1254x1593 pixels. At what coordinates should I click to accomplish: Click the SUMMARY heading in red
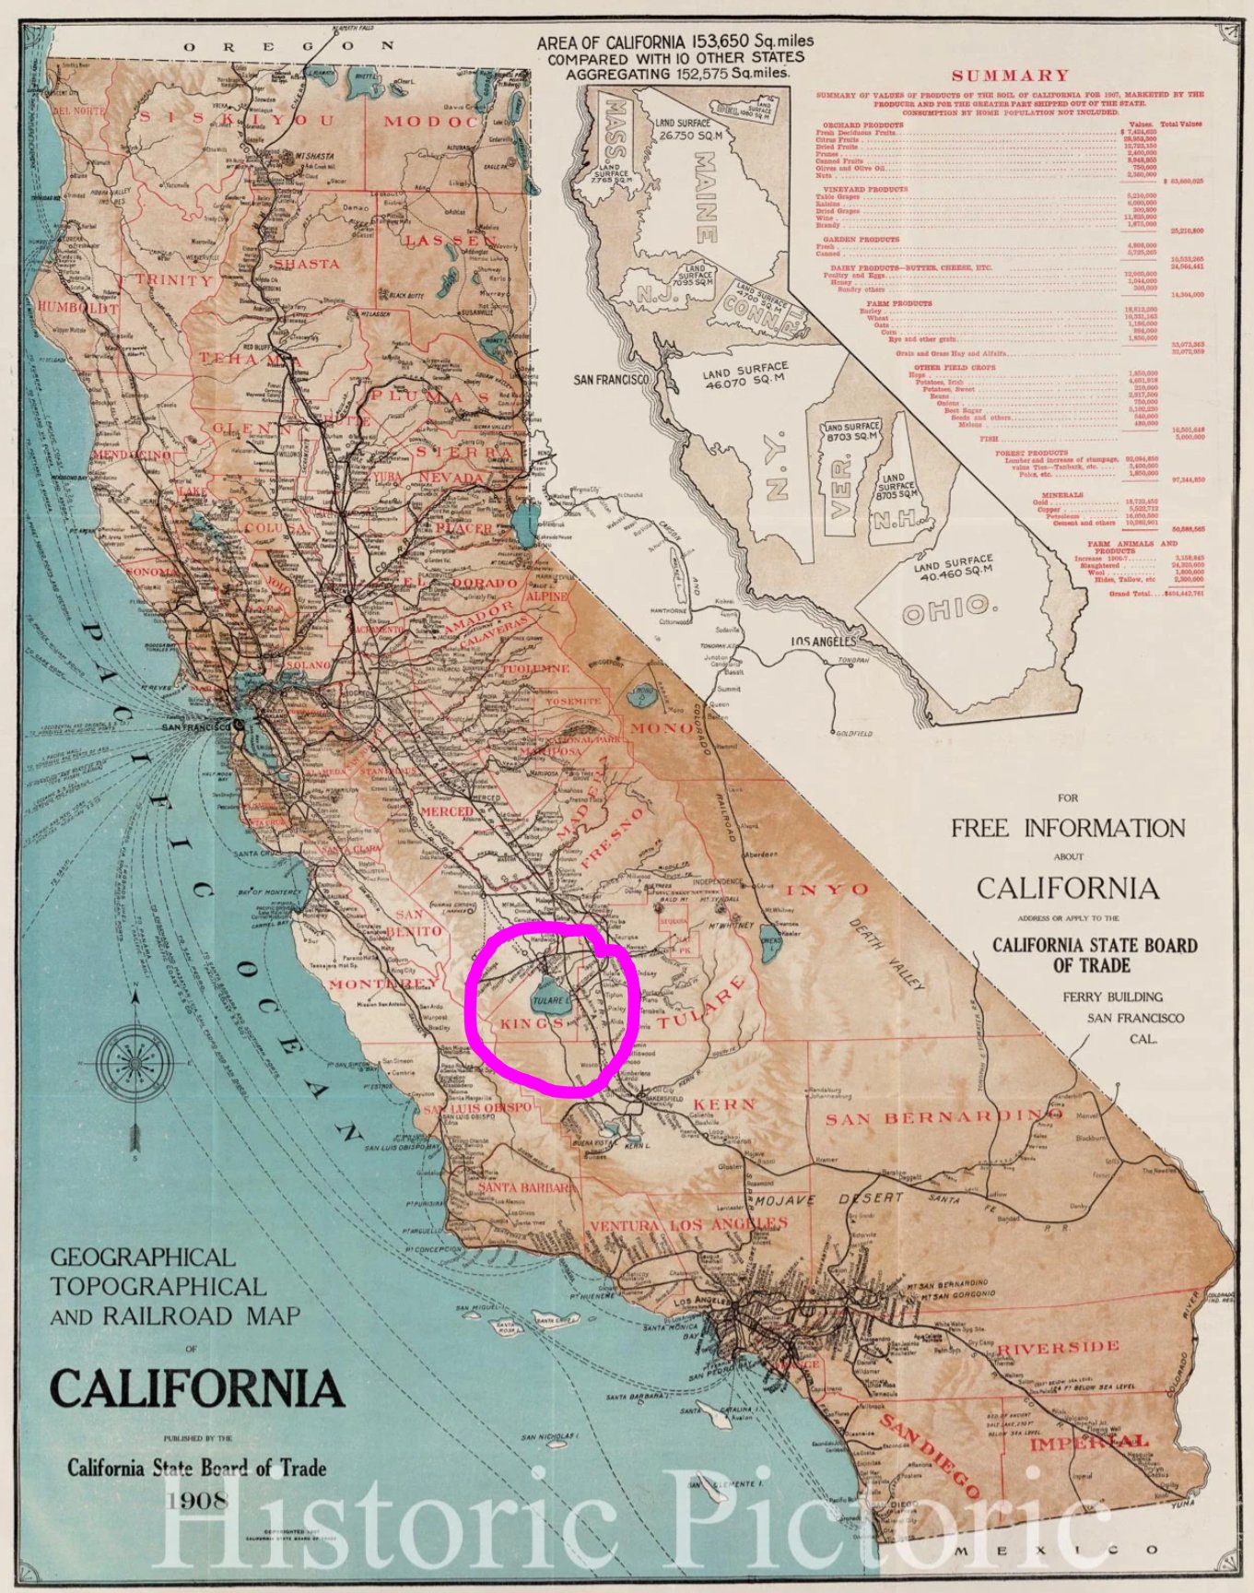click(1010, 76)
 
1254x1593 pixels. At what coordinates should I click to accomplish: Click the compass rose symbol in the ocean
click(135, 1057)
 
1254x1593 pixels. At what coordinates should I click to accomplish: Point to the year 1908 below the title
click(197, 1501)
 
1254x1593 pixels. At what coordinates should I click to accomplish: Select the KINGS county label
click(532, 1024)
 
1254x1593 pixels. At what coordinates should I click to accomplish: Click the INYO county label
click(826, 890)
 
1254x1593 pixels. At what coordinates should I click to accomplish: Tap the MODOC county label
click(431, 122)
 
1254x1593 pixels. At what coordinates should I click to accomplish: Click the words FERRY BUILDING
click(1112, 997)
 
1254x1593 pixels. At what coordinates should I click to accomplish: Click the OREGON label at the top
click(288, 46)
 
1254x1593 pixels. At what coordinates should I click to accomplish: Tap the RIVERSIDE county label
click(1058, 1349)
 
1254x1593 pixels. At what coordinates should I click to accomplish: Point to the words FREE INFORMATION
click(1068, 828)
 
